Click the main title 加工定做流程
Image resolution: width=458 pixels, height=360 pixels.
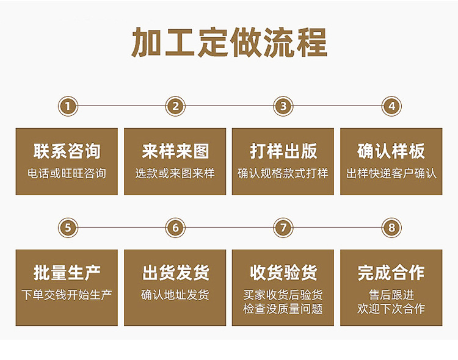tap(229, 43)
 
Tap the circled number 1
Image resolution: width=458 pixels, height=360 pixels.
tap(68, 106)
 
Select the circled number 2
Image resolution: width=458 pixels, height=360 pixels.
tap(175, 106)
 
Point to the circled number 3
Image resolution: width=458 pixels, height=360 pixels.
tap(283, 106)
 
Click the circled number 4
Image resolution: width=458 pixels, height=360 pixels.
tap(391, 106)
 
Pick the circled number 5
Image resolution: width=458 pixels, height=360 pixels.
tap(68, 228)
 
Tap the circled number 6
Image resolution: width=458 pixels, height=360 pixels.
tap(175, 228)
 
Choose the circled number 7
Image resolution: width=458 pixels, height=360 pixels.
tap(283, 228)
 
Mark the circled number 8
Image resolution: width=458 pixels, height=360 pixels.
tap(391, 228)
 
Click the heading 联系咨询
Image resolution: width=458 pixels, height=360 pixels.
tap(67, 151)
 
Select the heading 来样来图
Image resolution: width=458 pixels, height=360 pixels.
tap(175, 151)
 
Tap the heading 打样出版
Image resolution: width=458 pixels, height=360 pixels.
tap(283, 151)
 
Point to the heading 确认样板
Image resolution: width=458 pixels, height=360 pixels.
tap(391, 151)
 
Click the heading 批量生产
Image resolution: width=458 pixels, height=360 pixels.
tap(67, 272)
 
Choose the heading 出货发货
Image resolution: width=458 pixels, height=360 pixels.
tap(175, 272)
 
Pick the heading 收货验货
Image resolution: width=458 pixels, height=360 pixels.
tap(283, 272)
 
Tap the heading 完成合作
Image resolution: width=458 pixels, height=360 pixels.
tap(391, 272)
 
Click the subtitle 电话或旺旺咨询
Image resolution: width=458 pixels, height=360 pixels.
tap(67, 173)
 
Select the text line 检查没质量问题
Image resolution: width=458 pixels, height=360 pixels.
tap(283, 309)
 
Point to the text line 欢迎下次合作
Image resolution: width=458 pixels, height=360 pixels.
tap(391, 309)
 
